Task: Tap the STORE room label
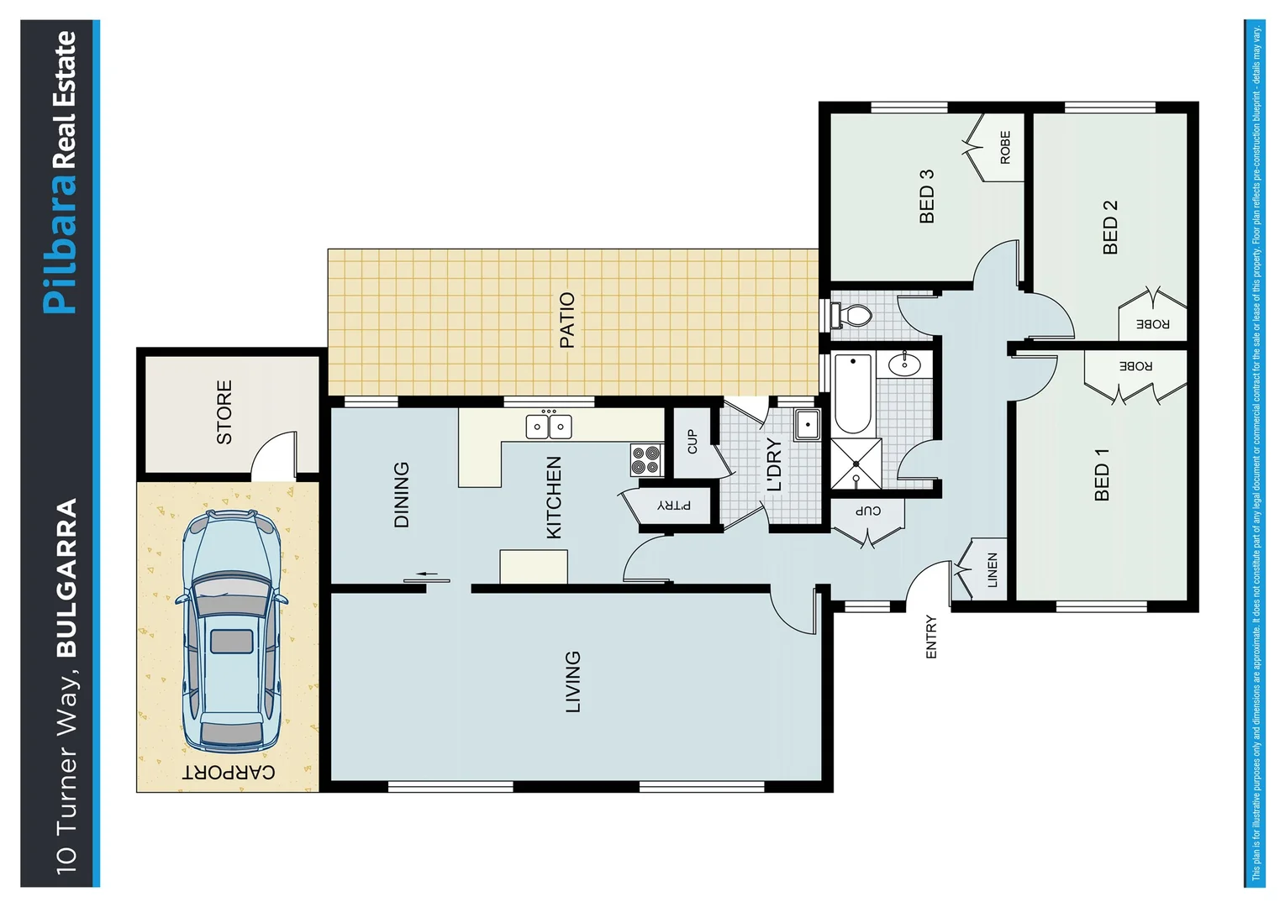224,412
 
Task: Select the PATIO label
567,320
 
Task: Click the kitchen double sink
549,426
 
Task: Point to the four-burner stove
646,460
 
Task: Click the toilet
851,316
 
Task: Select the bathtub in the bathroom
852,393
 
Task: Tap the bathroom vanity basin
904,364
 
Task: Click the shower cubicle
856,463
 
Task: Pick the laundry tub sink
807,425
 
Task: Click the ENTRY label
930,637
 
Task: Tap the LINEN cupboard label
992,569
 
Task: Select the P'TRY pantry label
674,505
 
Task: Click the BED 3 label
926,197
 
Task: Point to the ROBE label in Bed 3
1005,147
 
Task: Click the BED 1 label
1102,474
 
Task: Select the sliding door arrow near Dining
428,574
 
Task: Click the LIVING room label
572,681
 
